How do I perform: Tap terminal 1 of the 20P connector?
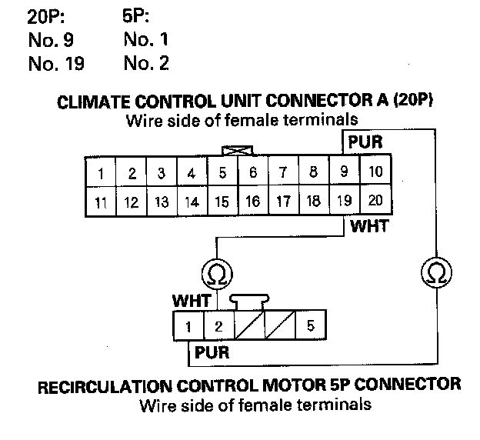coord(101,172)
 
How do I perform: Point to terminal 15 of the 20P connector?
coord(222,202)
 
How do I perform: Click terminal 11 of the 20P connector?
coord(101,202)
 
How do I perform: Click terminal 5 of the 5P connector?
coord(310,326)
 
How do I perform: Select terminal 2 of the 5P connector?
coord(218,326)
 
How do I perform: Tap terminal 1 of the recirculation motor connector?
coord(188,326)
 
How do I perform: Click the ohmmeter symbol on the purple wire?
coord(435,272)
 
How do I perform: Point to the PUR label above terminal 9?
coord(365,142)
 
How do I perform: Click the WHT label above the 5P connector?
coord(192,301)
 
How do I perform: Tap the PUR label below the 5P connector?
coord(211,353)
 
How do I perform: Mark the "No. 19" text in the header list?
coord(56,64)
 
